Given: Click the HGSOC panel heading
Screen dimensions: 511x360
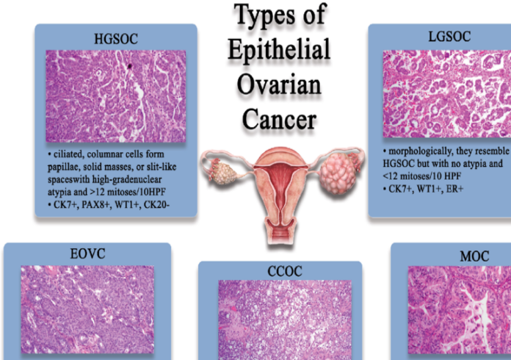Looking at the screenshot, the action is point(116,39).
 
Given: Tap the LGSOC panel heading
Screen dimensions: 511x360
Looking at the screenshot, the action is point(449,37).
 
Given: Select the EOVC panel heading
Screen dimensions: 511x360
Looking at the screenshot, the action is point(87,253).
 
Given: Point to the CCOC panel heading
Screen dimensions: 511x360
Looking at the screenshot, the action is point(285,271).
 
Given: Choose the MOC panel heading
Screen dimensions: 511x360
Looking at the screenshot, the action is point(474,256).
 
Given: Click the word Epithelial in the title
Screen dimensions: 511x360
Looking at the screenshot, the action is point(279,50).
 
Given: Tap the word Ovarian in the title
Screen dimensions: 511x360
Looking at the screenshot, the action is point(279,84).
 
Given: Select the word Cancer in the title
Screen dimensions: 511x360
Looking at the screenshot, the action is point(279,119).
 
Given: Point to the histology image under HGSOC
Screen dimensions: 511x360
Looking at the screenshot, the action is point(116,96).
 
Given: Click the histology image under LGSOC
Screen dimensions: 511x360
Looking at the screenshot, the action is point(447,94).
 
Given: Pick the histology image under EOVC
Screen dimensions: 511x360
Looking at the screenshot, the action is point(87,309).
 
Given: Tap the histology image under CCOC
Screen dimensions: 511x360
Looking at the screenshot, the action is point(285,320).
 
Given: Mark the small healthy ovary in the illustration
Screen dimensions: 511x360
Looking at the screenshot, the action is point(222,172).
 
